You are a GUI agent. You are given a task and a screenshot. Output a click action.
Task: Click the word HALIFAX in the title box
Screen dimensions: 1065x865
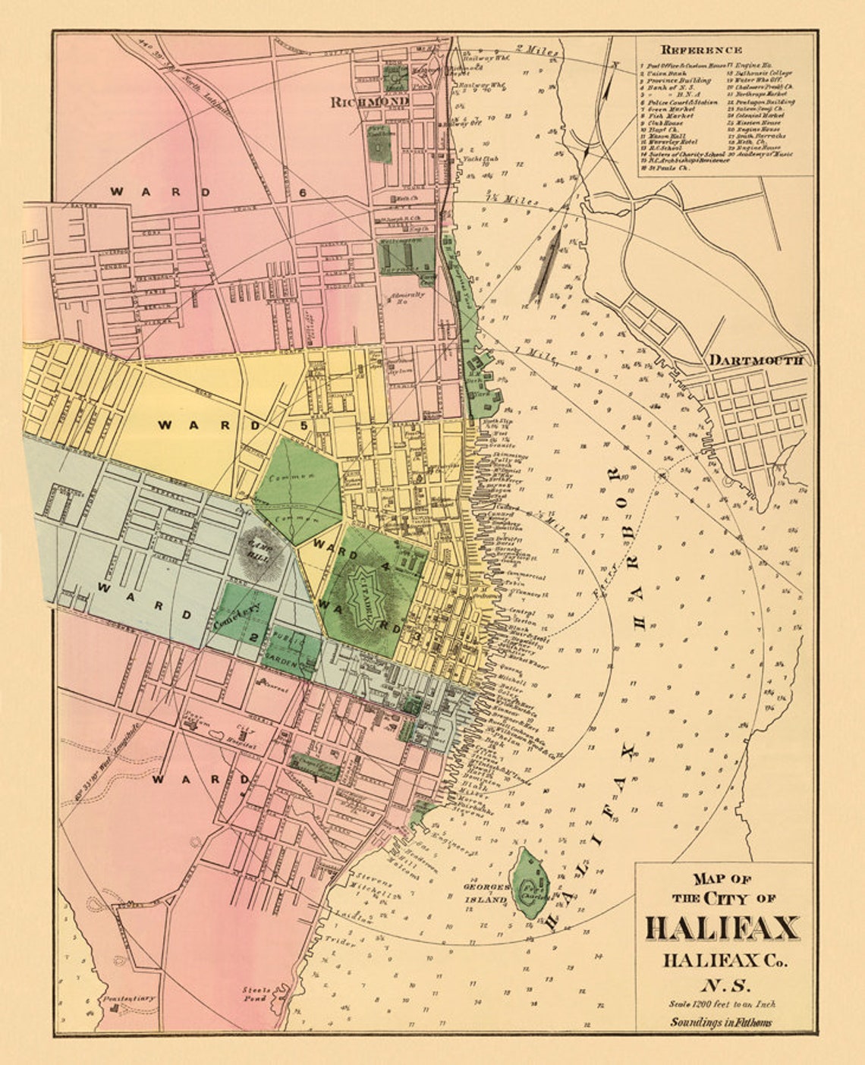point(722,928)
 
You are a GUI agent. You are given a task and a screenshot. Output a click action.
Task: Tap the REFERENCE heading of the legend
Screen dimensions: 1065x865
point(703,49)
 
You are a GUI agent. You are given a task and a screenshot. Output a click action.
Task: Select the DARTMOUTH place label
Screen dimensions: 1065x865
point(755,360)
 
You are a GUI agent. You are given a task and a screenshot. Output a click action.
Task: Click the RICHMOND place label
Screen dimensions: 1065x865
point(370,101)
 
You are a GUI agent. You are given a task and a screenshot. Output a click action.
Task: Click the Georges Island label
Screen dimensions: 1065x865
point(486,893)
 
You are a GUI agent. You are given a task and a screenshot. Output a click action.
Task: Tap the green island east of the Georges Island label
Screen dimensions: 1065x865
point(530,884)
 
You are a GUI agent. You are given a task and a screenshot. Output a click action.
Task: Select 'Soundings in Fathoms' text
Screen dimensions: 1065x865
point(720,1022)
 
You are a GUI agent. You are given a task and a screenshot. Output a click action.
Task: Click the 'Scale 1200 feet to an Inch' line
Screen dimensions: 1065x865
point(722,1004)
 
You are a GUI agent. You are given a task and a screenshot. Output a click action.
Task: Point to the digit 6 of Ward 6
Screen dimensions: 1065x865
point(303,192)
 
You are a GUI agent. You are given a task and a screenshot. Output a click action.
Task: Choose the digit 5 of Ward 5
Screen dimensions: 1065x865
point(304,425)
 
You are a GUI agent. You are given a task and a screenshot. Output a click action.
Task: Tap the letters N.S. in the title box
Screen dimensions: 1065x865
point(723,985)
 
